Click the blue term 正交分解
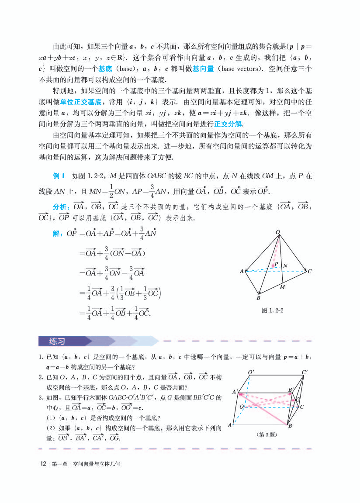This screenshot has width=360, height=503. pos(228,124)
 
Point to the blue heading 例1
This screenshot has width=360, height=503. pos(59,176)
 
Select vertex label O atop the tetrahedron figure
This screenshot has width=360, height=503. pos(278,232)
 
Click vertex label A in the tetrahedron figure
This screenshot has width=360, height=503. pos(242,272)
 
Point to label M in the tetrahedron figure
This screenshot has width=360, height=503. pos(282,287)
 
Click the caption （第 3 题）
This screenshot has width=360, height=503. pos(267,434)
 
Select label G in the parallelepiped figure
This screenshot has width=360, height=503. pos(298,400)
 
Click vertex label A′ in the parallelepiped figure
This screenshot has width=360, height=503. pos(235,392)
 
